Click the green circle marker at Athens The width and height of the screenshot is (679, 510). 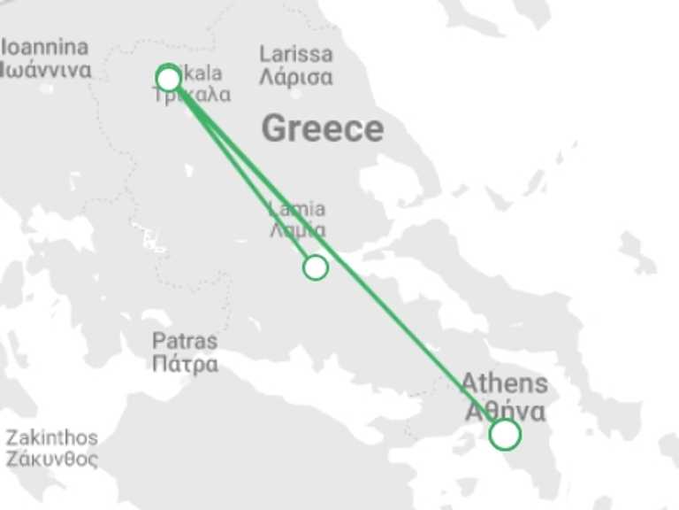tap(504, 434)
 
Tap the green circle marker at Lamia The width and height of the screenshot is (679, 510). tap(315, 267)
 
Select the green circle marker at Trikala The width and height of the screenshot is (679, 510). tap(168, 79)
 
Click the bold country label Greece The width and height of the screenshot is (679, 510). tap(323, 129)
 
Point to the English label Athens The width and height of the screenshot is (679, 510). tap(505, 384)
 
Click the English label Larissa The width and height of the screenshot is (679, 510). tap(296, 54)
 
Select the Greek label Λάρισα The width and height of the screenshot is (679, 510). tap(296, 77)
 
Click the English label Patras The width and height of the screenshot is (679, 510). tap(185, 341)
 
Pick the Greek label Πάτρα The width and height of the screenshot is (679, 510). tap(185, 364)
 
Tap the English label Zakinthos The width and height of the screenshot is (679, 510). tap(52, 437)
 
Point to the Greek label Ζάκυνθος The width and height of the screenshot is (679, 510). tap(52, 460)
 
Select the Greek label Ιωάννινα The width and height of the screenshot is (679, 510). tap(46, 70)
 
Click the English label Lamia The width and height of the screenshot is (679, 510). tap(296, 209)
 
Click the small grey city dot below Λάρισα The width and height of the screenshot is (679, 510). tap(296, 92)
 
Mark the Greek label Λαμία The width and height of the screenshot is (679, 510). tap(298, 230)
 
